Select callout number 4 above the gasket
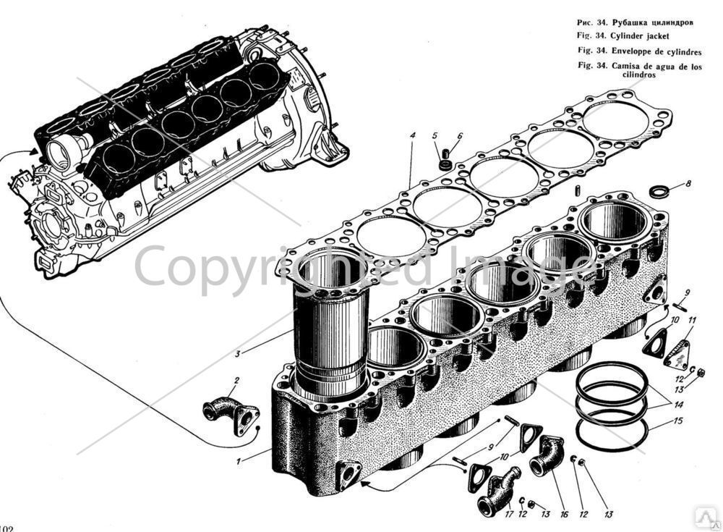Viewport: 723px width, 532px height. point(411,135)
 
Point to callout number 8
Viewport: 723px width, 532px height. point(688,184)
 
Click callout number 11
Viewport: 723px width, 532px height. point(692,320)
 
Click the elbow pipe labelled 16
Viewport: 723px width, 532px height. point(546,454)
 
